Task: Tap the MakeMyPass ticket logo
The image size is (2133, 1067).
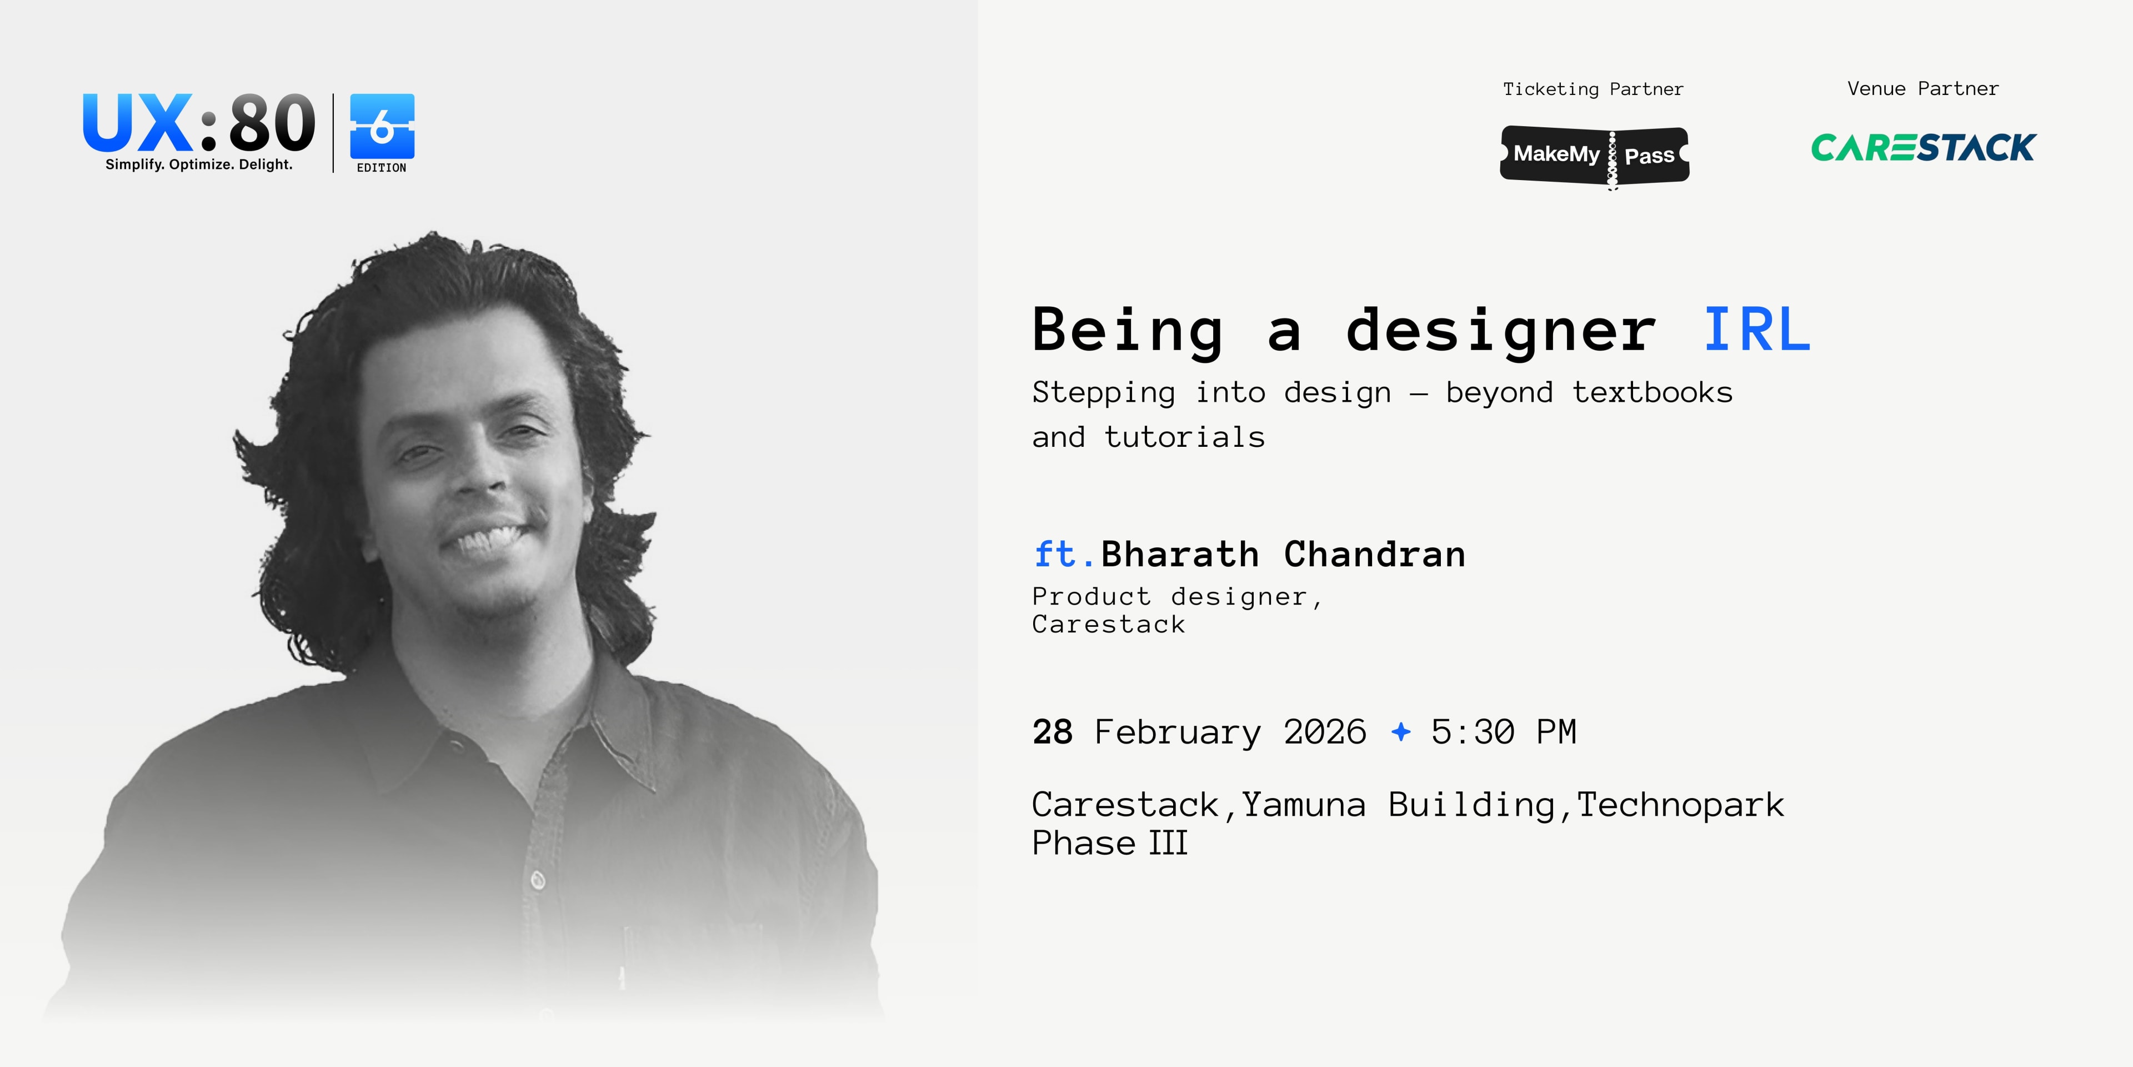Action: [1594, 155]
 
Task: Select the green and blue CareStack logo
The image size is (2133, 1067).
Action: [1922, 147]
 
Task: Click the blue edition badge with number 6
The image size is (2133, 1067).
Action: [382, 127]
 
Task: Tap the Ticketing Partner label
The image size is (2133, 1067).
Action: [1593, 89]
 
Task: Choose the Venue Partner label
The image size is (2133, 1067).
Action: [1922, 89]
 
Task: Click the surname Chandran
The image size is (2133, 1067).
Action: [1375, 554]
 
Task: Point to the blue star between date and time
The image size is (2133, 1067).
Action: [1401, 731]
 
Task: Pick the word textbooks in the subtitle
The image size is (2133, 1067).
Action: [1652, 393]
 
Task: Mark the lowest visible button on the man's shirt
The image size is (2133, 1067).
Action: [537, 880]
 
